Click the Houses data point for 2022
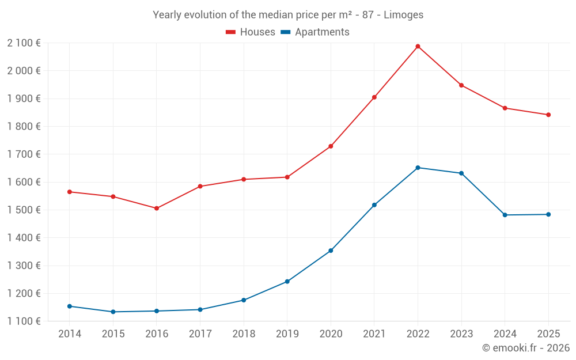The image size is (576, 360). pos(418,46)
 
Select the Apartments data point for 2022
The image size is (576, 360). pos(418,168)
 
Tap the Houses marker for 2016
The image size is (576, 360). pos(157,209)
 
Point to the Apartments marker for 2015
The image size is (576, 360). pos(113,312)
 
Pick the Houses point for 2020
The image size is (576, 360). pos(331,146)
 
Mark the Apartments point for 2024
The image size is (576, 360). pos(505,215)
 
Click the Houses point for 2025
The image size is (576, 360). pos(548,115)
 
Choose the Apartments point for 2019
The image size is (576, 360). pos(287,282)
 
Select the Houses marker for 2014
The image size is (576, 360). pos(70,192)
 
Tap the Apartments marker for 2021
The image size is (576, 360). pos(374,205)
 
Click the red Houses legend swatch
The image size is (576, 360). pos(230,32)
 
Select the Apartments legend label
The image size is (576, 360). pos(322,32)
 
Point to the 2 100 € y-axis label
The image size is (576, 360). pos(24,43)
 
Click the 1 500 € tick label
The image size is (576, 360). pos(24,210)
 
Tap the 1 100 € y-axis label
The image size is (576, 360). pos(24,321)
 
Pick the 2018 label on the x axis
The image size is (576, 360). pos(244,334)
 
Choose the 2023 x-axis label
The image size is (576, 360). pos(461,334)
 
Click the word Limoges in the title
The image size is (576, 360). pos(403,15)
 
